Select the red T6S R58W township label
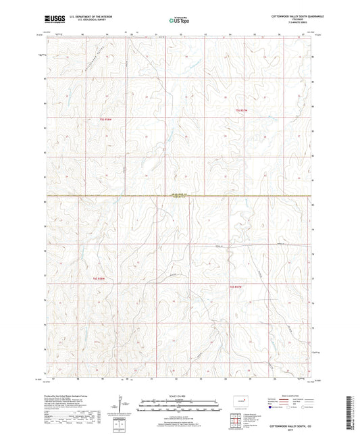point(99,278)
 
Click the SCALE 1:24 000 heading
point(179,395)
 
